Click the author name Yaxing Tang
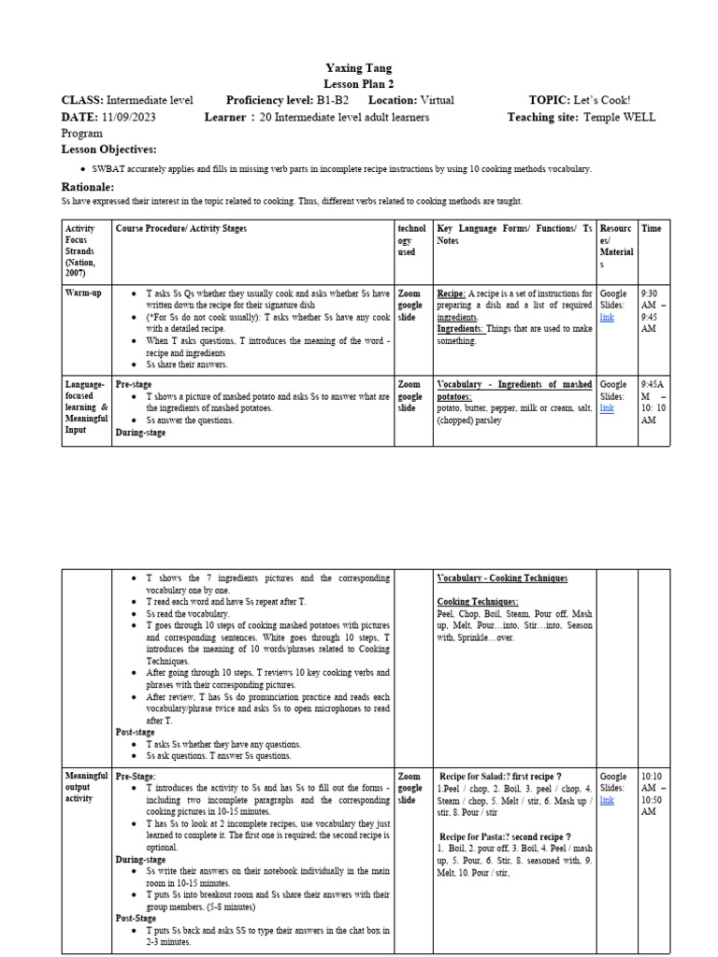coord(359,68)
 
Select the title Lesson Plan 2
coord(359,83)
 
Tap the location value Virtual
coord(438,100)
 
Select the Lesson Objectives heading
coord(109,149)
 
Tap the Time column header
coord(651,228)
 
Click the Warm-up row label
coord(82,293)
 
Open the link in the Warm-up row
coord(608,318)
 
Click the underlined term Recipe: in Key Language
coord(452,293)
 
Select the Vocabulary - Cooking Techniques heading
coord(502,578)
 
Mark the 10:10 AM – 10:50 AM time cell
coord(653,793)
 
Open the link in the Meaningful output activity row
coord(608,800)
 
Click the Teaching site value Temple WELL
coord(619,117)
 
